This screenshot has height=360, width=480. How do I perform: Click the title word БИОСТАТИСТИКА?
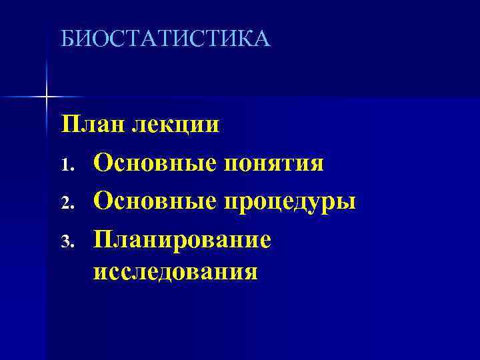click(x=165, y=39)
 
